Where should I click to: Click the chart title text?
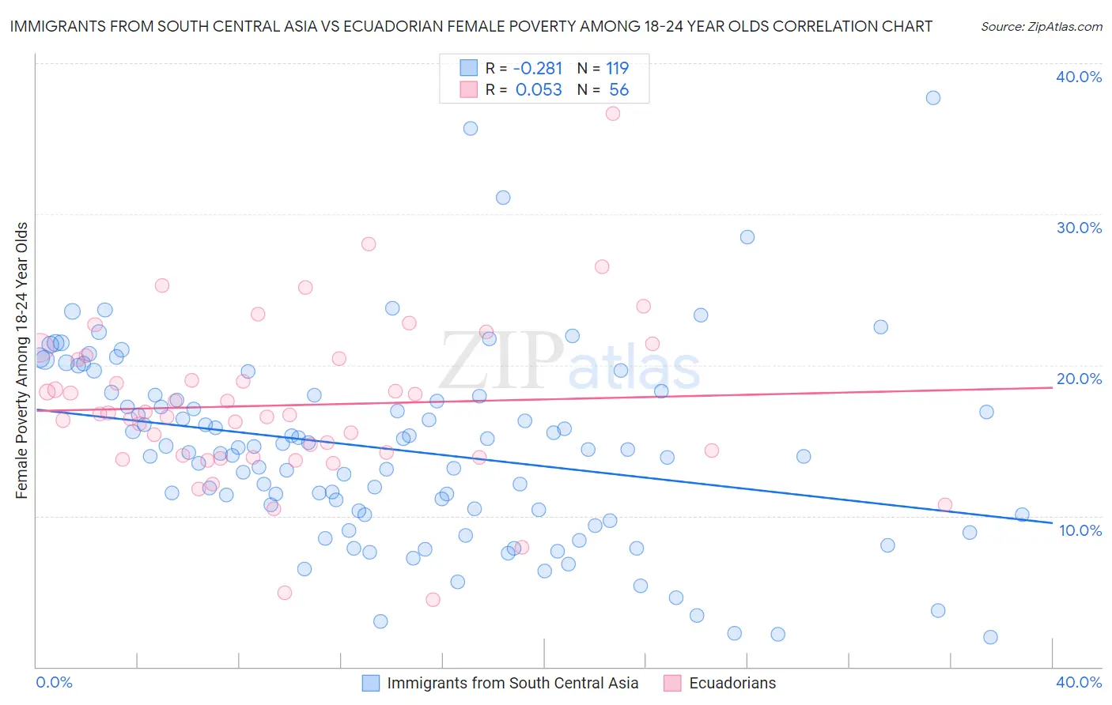coord(471,26)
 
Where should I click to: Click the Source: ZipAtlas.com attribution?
coord(1041,27)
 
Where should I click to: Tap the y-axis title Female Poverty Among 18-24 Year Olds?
coord(22,360)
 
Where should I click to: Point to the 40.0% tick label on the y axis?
coord(1079,77)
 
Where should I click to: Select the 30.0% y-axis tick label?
coord(1079,228)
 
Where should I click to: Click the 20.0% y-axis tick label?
coord(1079,379)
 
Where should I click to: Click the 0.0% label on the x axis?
coord(54,682)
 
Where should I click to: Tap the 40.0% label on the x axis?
coord(1079,682)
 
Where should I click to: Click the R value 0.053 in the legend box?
coord(539,90)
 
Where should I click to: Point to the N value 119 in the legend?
coord(617,69)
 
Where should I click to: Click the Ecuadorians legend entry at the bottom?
coord(732,683)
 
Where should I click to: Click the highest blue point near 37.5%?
coord(933,98)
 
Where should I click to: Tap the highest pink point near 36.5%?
coord(612,114)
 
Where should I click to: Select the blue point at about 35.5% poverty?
coord(471,129)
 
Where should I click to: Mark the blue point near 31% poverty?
coord(503,198)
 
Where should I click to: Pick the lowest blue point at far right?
coord(990,638)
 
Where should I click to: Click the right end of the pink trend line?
coord(1051,387)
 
